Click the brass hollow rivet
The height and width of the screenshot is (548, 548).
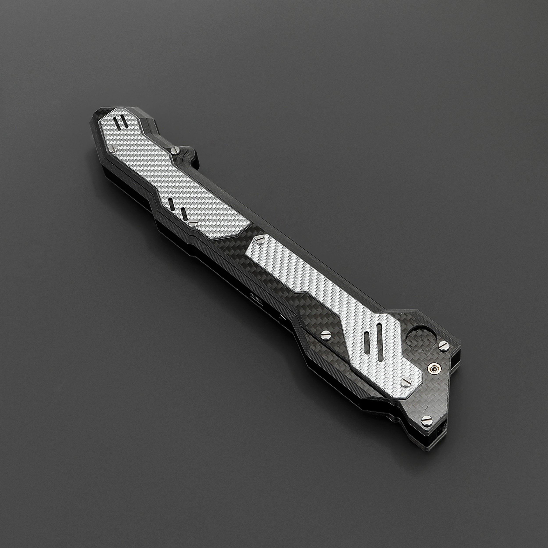click(434, 368)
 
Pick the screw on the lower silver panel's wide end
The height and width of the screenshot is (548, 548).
click(406, 382)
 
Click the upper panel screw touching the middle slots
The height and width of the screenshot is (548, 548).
click(193, 224)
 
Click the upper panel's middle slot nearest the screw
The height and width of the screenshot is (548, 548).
click(184, 214)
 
